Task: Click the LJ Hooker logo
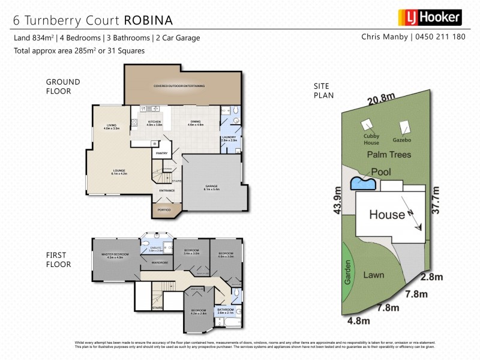coord(430,17)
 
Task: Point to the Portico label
coord(164,210)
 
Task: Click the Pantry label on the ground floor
coord(162,154)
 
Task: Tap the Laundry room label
coord(230,138)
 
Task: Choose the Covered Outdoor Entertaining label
coord(179,86)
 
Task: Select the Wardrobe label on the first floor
coord(159,263)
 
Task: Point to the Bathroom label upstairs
coord(229,311)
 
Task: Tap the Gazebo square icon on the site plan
coord(406,128)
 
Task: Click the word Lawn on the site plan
coord(374,275)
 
